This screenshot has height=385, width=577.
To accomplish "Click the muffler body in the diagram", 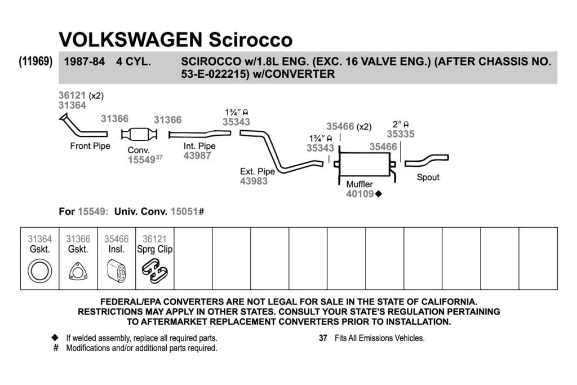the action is pyautogui.click(x=365, y=164).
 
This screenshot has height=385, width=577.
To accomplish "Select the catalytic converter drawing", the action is pyautogui.click(x=139, y=134).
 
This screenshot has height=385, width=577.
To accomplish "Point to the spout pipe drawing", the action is pyautogui.click(x=427, y=160).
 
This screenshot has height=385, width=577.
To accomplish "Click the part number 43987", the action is pyautogui.click(x=197, y=156).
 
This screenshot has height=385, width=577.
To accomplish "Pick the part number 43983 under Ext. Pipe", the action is pyautogui.click(x=254, y=181).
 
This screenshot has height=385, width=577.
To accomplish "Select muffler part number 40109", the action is pyautogui.click(x=360, y=194).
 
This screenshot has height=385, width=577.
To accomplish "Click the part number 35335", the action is pyautogui.click(x=401, y=134).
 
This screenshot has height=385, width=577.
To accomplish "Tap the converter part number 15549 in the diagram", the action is pyautogui.click(x=141, y=160).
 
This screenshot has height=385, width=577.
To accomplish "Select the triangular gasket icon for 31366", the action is pyautogui.click(x=78, y=272).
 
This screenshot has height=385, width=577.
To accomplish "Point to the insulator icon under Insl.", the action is pyautogui.click(x=116, y=272).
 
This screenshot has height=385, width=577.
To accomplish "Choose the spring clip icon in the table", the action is pyautogui.click(x=154, y=271).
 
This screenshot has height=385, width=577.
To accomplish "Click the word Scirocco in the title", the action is pyautogui.click(x=251, y=39).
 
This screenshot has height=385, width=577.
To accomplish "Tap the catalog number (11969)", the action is pyautogui.click(x=35, y=61).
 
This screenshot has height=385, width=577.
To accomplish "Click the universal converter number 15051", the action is pyautogui.click(x=184, y=211).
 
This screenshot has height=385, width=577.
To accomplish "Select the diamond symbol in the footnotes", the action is pyautogui.click(x=55, y=338).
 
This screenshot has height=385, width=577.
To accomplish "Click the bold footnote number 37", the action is pyautogui.click(x=323, y=338).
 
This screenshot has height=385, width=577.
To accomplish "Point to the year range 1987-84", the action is pyautogui.click(x=85, y=61).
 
